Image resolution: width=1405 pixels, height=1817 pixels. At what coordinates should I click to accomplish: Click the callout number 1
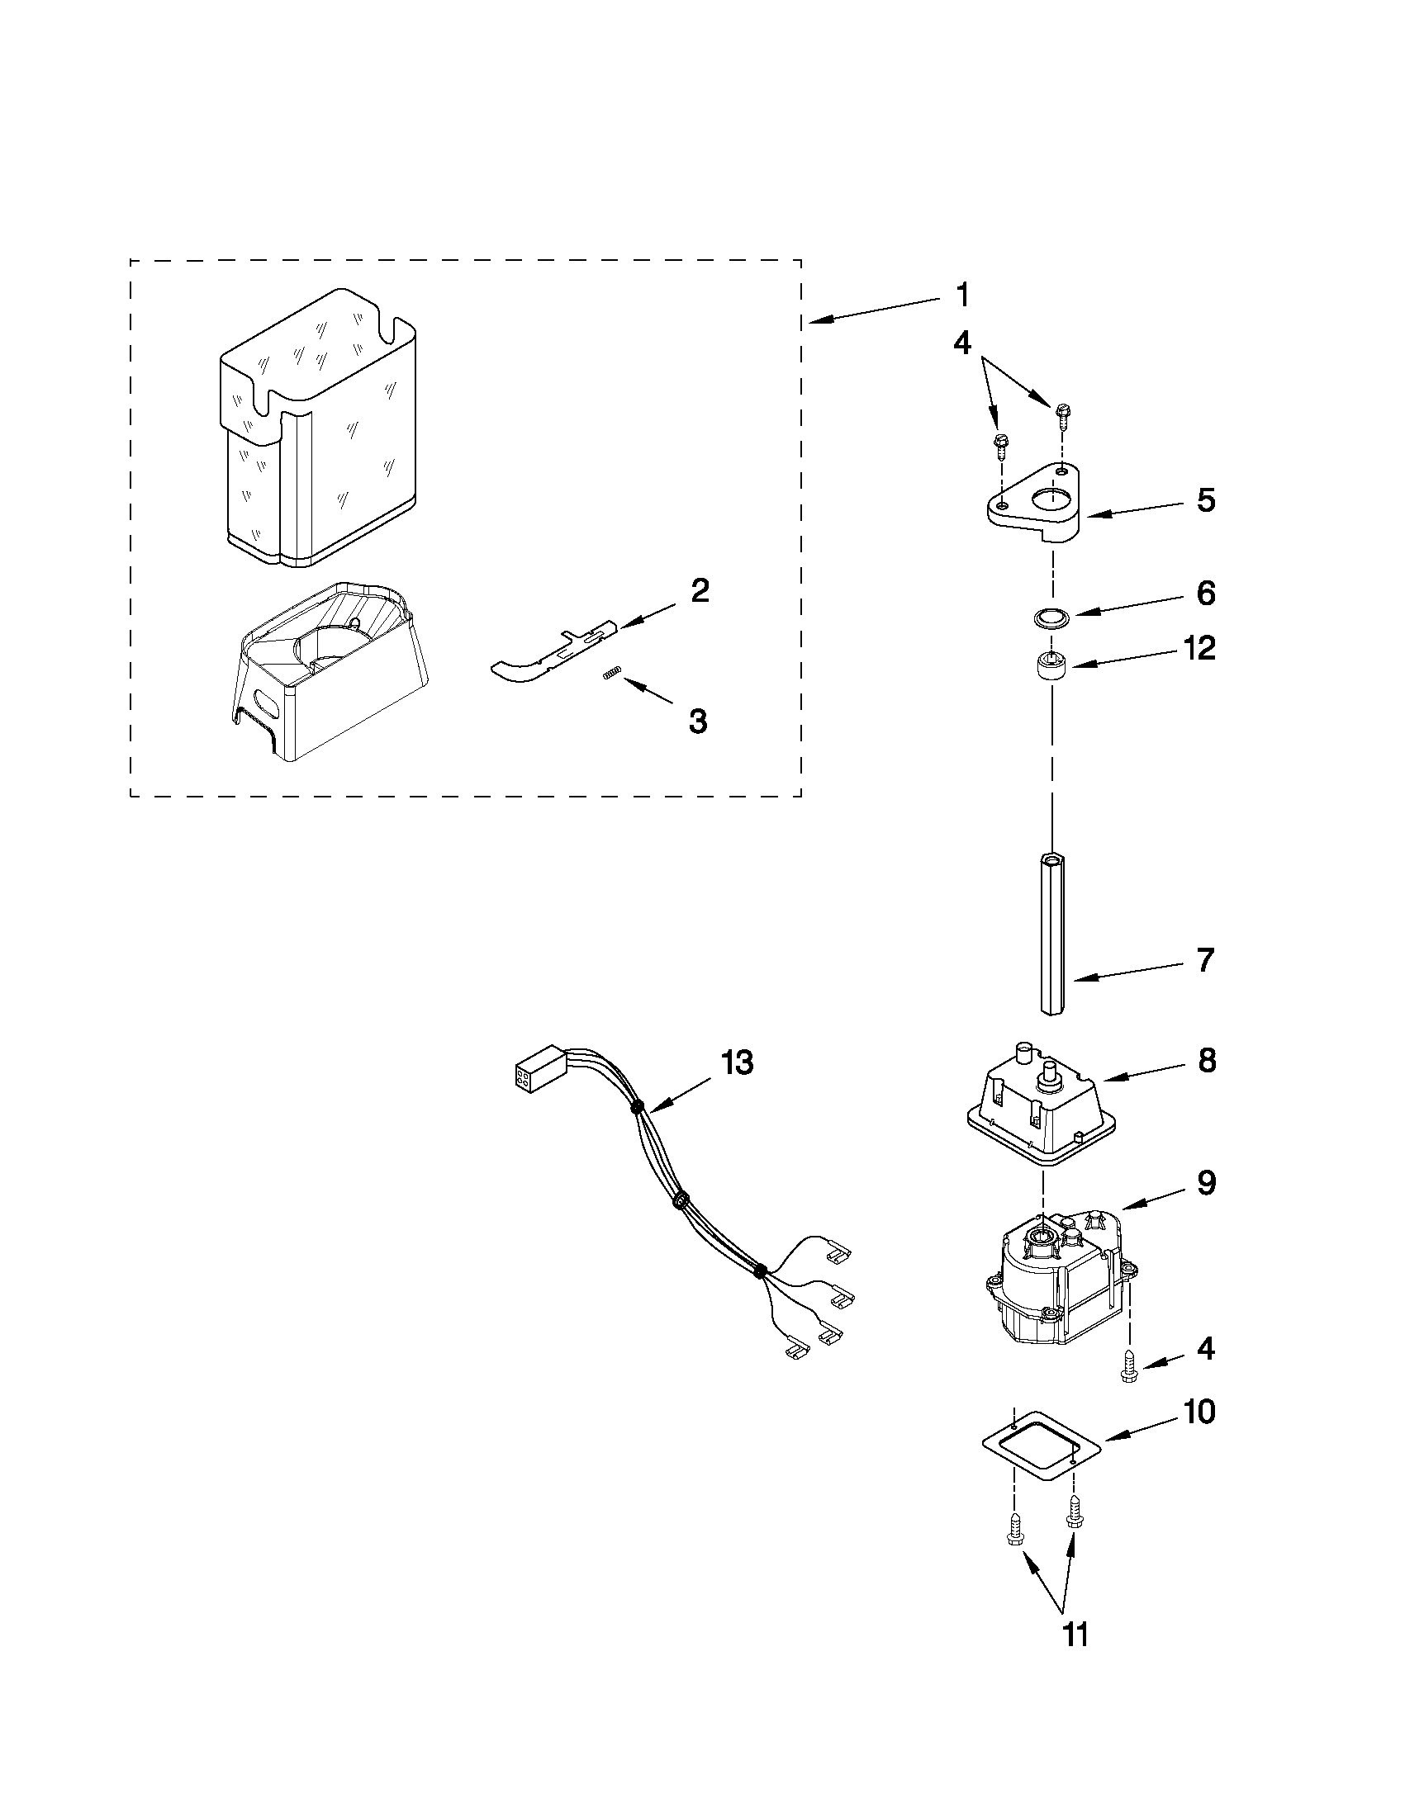coord(961,296)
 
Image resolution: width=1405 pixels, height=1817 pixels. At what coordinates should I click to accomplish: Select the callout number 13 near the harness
coord(737,1062)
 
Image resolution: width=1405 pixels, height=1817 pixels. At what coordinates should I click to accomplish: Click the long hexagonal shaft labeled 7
coord(1053,932)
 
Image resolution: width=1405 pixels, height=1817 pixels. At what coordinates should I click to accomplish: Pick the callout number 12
coord(1199,648)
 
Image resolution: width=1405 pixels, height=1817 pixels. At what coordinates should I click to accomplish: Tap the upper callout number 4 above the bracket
coord(961,342)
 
